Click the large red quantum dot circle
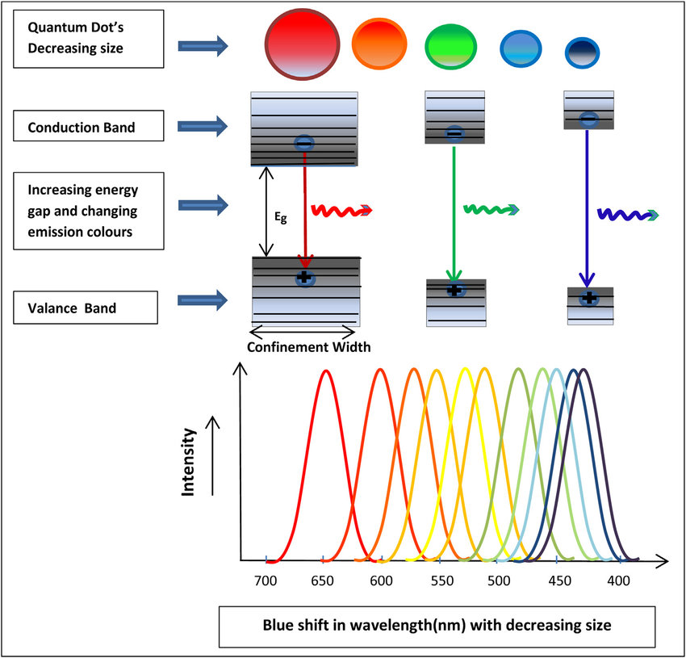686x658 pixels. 302,44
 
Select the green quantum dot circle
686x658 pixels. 450,46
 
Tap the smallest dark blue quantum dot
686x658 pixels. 582,53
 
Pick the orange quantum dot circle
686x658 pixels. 379,44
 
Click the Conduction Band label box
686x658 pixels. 89,126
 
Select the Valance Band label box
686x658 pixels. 86,308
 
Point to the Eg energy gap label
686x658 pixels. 280,216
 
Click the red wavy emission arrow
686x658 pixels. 341,211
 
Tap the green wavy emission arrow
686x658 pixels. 491,209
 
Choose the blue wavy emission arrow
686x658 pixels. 628,215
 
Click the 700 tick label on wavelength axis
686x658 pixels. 266,580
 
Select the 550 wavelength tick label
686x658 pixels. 442,580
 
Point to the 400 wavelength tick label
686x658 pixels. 619,580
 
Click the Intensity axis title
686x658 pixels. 188,462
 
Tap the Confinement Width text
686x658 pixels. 308,346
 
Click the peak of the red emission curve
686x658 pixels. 326,371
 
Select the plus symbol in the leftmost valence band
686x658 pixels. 304,277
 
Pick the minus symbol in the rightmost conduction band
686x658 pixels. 589,119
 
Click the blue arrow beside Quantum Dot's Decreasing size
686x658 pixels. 203,45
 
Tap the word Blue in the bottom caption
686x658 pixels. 278,625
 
